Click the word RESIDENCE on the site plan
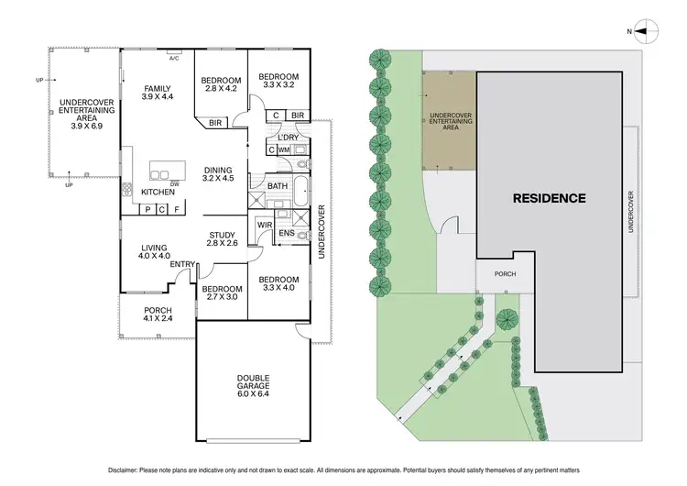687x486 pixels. (x=549, y=197)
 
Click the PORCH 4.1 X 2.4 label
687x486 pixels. (x=158, y=316)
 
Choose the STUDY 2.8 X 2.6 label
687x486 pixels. (x=223, y=238)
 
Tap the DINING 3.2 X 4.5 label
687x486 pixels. (x=218, y=174)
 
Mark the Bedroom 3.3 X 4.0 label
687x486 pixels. (x=278, y=283)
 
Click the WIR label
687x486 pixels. (x=265, y=225)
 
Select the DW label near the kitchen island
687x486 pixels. (x=173, y=183)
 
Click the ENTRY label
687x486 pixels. (x=181, y=265)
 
